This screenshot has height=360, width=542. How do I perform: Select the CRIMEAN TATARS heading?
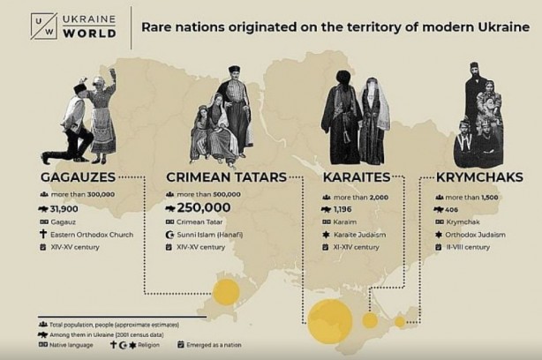pos(226,176)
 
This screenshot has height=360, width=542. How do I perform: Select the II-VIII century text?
pos(469,248)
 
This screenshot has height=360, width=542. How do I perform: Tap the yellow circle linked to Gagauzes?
pos(226,292)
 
